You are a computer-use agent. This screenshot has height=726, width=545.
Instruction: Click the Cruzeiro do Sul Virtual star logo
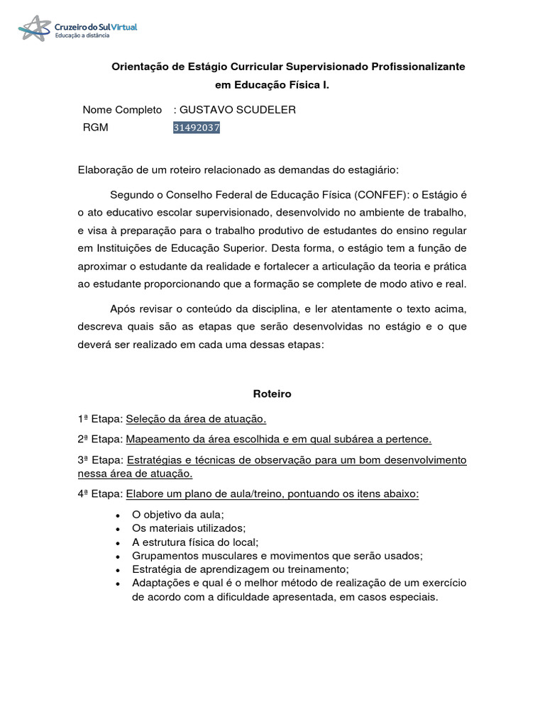(35, 28)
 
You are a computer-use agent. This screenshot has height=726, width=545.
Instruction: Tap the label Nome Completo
(122, 110)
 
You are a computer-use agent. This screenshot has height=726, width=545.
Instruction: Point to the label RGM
(95, 128)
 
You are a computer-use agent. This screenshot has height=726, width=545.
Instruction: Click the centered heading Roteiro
(272, 393)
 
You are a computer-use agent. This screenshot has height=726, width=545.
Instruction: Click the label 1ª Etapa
(100, 418)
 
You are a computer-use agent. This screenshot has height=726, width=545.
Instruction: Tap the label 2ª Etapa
(100, 439)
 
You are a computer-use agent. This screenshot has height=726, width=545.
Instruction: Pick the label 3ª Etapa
(100, 460)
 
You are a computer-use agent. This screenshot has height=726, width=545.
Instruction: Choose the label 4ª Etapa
(100, 494)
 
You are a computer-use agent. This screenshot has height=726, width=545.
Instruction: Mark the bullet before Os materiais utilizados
(117, 529)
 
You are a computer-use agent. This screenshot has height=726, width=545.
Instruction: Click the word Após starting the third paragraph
(122, 308)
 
